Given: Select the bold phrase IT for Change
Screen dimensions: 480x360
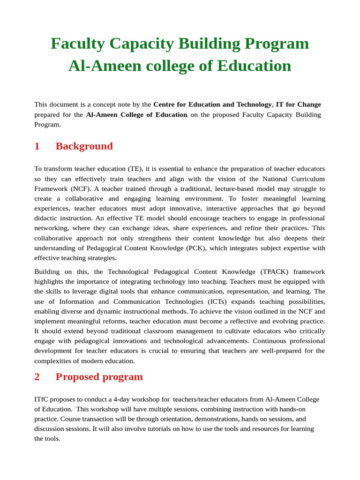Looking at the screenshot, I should coord(298,105).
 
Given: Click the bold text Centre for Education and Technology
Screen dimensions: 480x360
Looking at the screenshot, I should coord(212,105).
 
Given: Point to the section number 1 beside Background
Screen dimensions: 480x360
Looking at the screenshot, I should coord(37,146).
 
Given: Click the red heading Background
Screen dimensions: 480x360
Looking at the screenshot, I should coord(84,146).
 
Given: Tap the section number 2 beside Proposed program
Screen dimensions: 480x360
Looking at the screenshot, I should coord(37,377).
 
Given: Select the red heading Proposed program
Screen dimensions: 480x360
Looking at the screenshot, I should coord(99,377).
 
